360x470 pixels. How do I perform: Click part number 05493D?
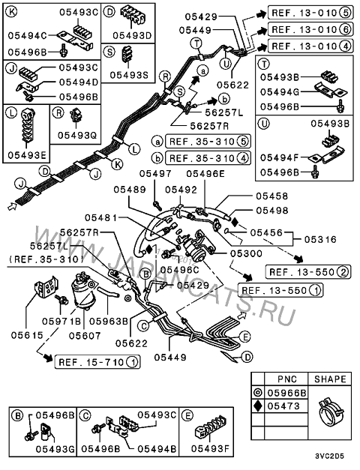(132, 36)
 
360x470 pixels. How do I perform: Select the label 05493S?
(129, 75)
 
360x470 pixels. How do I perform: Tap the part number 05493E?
(27, 155)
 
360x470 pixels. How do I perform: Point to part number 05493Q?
(77, 136)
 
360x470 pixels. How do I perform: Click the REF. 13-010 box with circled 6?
(310, 29)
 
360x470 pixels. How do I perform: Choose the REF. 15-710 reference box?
(97, 362)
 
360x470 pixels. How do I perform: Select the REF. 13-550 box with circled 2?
(308, 272)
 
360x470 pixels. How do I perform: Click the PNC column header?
(286, 379)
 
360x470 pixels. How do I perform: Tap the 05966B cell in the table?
(286, 393)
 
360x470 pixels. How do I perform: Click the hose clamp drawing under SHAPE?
(331, 411)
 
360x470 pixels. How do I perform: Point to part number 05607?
(85, 335)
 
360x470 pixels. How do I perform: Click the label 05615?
(27, 335)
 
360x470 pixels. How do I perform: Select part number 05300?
(246, 253)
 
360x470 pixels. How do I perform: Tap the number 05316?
(320, 239)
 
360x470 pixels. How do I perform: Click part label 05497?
(156, 174)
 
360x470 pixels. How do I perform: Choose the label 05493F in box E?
(210, 448)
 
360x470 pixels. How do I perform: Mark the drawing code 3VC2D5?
(329, 457)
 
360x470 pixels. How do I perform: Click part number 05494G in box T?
(280, 91)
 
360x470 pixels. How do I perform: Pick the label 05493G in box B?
(55, 449)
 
